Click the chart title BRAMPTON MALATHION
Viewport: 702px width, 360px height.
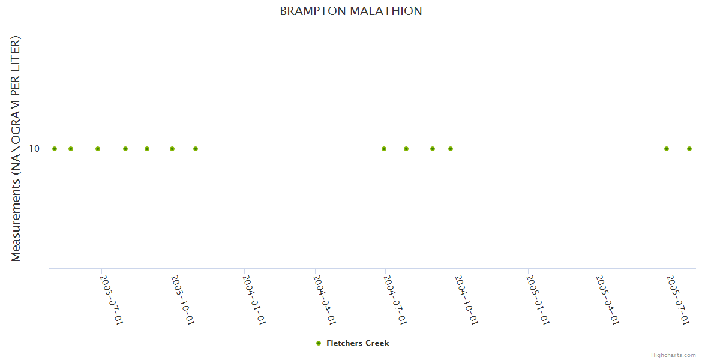[351, 11]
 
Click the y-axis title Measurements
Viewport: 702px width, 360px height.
[16, 148]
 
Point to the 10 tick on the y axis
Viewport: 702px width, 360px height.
[34, 148]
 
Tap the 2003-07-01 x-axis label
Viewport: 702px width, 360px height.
[111, 299]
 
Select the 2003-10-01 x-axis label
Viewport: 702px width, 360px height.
[182, 299]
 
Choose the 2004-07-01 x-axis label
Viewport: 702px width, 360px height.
[395, 299]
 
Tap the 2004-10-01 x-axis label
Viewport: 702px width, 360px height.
[466, 299]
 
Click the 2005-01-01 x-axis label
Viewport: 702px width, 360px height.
[537, 299]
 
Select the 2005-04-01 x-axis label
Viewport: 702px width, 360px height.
[607, 299]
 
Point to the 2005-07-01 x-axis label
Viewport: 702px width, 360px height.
[677, 299]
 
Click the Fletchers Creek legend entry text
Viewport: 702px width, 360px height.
[358, 343]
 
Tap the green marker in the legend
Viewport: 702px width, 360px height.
[319, 343]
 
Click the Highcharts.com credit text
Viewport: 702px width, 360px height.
[673, 355]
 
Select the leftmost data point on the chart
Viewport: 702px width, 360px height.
[55, 149]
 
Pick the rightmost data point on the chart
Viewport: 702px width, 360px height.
[689, 149]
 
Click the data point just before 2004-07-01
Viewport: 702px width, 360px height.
[384, 149]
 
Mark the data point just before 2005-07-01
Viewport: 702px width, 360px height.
[667, 149]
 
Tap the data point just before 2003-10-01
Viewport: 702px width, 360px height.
[172, 149]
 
